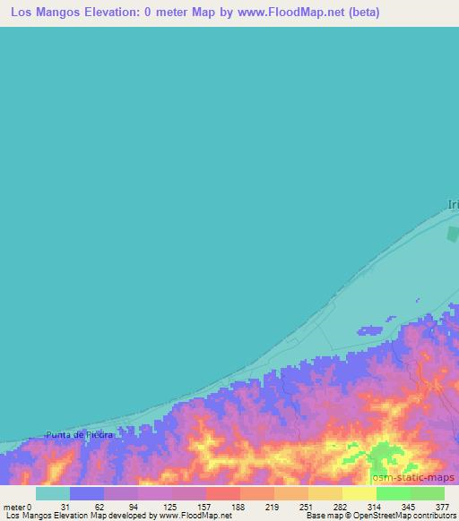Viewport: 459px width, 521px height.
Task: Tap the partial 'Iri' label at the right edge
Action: tap(453, 205)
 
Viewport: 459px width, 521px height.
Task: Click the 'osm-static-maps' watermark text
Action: tap(414, 477)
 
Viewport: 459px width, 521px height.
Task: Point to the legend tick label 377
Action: tap(443, 507)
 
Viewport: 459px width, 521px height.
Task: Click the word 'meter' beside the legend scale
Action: tap(14, 507)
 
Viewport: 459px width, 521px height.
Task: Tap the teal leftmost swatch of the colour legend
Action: tap(53, 493)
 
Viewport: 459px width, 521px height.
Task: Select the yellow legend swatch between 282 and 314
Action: tap(359, 493)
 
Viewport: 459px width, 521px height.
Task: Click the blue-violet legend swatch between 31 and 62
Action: tap(87, 493)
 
